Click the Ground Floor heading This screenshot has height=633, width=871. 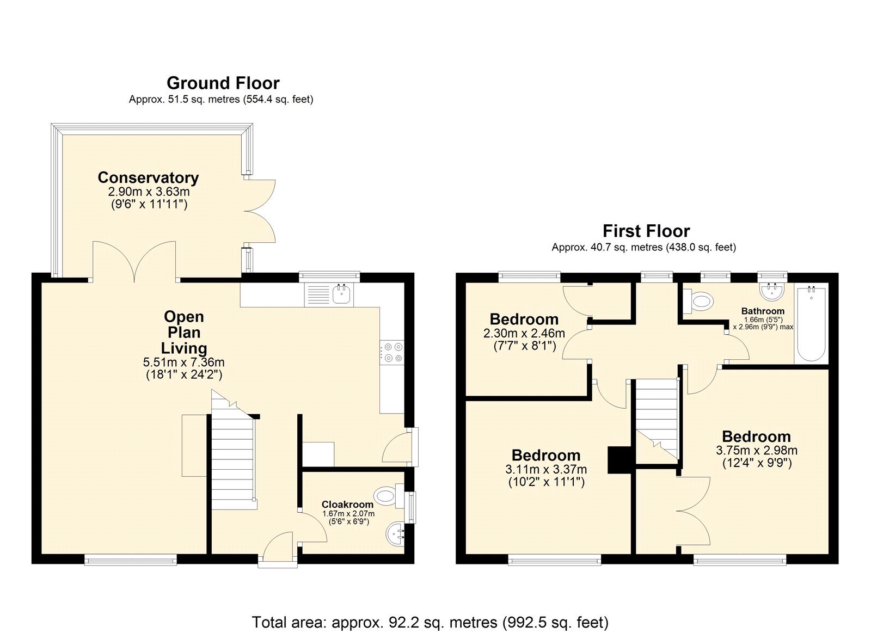coord(223,84)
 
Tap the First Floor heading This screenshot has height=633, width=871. coord(646,231)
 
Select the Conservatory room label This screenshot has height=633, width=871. coord(148,177)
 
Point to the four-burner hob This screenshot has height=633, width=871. coord(392,352)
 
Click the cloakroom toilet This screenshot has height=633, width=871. coord(389,496)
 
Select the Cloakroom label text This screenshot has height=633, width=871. coord(347,505)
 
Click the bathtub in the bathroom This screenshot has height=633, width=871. coord(811,324)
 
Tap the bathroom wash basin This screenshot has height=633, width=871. coord(772,292)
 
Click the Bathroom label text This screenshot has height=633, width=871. coord(763,311)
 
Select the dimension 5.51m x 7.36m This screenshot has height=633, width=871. coord(184,362)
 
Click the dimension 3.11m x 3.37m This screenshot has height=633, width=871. coord(546,469)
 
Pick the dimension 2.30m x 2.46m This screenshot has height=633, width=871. coord(524,333)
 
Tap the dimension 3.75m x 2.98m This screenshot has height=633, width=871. coord(757,451)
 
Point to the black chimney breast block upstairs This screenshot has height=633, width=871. coord(620,459)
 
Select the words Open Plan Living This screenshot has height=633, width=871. coord(184,333)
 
